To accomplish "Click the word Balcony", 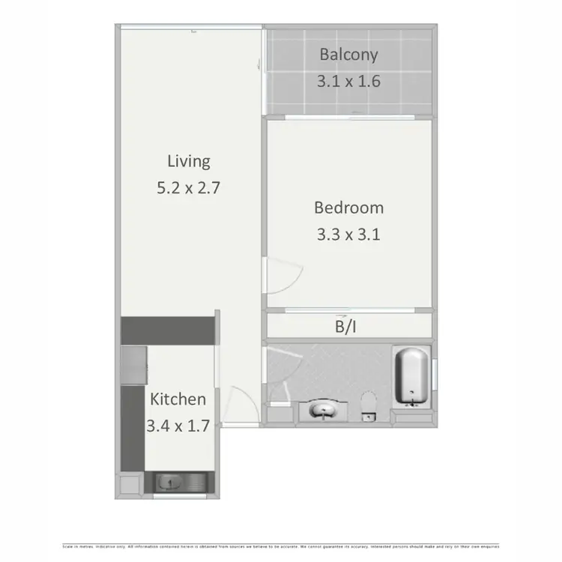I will pos(348,55).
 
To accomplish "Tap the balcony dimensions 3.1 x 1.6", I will pos(348,81).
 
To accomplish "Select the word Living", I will pos(188,161).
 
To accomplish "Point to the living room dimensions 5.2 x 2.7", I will pos(188,188).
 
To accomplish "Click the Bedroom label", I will pos(348,208).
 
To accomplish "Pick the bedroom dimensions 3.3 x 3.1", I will pos(348,235).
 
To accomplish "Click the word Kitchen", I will pos(178,399).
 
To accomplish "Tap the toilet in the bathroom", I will pos(368,405).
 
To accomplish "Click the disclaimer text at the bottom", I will pos(280,546).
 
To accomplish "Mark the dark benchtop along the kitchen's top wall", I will pos(168,328).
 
